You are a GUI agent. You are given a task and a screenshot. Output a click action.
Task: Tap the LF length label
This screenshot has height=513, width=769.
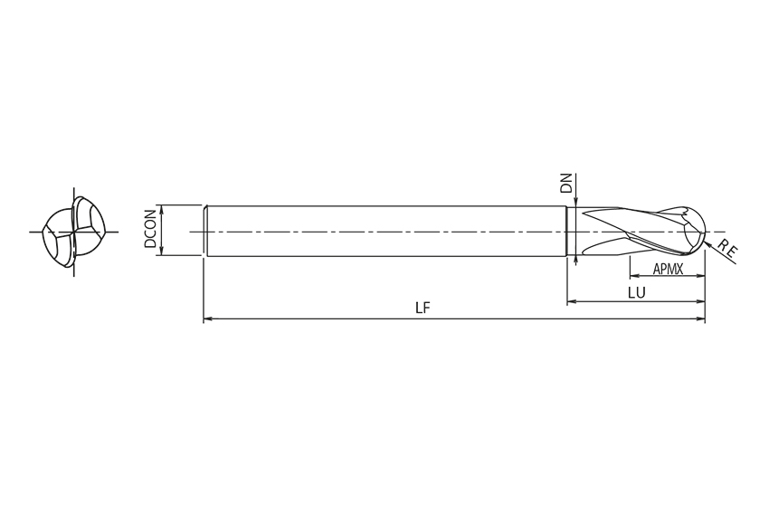422,308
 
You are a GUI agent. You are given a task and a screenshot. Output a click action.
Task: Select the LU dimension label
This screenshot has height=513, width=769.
637,293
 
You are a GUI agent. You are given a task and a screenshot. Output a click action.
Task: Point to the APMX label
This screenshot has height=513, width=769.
668,269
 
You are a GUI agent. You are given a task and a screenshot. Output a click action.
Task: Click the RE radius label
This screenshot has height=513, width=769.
727,249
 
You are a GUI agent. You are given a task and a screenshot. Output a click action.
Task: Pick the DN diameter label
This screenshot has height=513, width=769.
566,183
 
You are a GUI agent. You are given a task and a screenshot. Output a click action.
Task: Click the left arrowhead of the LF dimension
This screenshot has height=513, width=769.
208,318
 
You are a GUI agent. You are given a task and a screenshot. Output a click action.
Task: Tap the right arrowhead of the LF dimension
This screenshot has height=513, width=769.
700,318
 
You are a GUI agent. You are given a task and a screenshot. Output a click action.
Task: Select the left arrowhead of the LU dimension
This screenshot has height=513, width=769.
572,302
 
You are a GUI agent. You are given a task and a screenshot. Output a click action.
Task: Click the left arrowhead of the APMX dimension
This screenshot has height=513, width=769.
634,276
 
